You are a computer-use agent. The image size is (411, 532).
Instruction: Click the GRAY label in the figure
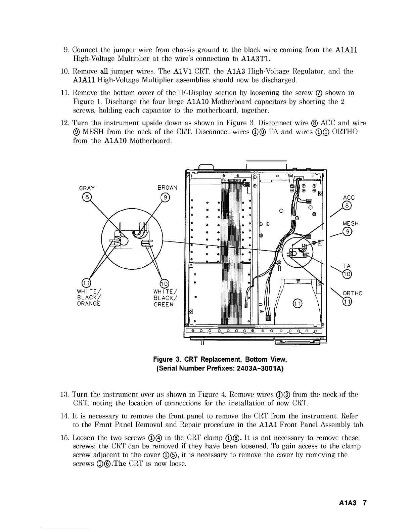tap(87, 188)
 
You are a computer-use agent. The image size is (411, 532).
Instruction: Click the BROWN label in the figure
tap(167, 188)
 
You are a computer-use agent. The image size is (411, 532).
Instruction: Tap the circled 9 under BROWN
tap(165, 197)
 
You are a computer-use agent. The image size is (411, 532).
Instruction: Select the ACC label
tap(349, 198)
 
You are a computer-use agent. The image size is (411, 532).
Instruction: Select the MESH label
tap(350, 224)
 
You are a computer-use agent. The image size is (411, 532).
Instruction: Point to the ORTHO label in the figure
tap(352, 293)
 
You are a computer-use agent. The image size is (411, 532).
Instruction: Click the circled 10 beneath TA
tap(347, 274)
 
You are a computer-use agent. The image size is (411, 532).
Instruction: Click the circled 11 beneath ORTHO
tap(347, 302)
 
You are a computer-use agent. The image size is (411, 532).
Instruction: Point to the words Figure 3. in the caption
tap(166, 360)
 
